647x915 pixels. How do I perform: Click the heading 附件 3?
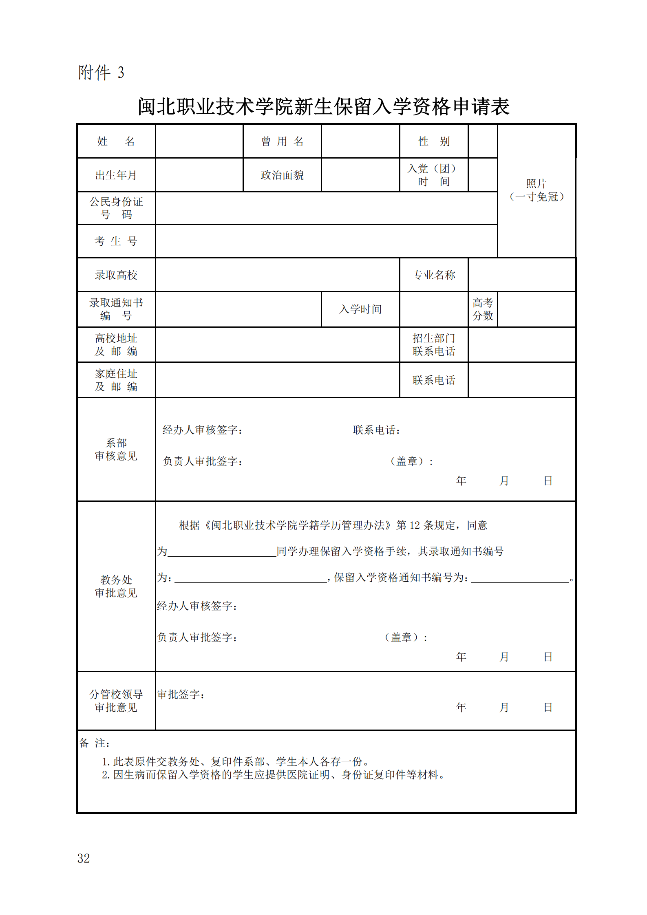point(101,73)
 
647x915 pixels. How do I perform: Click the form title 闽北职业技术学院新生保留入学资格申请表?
point(323,107)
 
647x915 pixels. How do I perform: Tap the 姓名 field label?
point(116,141)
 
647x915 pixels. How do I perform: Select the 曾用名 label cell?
point(282,141)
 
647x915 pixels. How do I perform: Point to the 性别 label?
point(434,141)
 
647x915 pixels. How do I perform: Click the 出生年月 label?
point(116,175)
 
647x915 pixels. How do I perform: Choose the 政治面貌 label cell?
point(282,175)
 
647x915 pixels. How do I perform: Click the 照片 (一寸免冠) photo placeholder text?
point(537,190)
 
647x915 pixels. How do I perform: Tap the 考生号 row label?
point(116,241)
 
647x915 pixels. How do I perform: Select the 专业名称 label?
point(434,275)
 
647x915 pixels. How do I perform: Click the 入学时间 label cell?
point(360,309)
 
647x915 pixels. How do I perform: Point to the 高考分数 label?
point(483,309)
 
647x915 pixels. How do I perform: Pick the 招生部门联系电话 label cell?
point(434,345)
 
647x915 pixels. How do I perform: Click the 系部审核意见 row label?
point(116,450)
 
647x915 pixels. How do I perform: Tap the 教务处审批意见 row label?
point(116,586)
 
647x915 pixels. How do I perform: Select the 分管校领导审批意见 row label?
point(116,701)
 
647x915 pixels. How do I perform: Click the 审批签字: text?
point(181,695)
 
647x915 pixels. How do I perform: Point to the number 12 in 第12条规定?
point(415,525)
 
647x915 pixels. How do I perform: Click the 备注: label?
point(94,743)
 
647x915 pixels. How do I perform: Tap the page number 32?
point(84,858)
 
